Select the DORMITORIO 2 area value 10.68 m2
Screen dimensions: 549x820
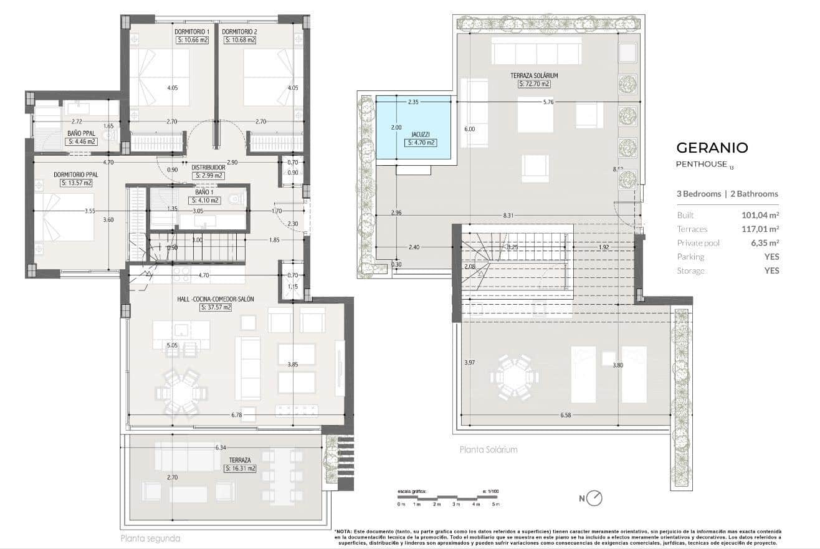point(240,41)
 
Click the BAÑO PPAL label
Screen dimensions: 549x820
point(81,133)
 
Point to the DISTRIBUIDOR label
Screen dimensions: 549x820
point(208,167)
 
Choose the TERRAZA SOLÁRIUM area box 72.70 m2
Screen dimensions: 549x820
point(534,84)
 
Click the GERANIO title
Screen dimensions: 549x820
point(712,148)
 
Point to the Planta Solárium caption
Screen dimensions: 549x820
point(489,449)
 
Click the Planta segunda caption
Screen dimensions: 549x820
point(150,538)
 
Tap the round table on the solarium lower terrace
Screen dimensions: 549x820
point(514,378)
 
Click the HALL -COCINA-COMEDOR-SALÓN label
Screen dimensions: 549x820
point(216,299)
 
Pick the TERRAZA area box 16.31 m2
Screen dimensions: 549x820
point(240,468)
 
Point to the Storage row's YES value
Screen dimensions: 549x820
point(771,270)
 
